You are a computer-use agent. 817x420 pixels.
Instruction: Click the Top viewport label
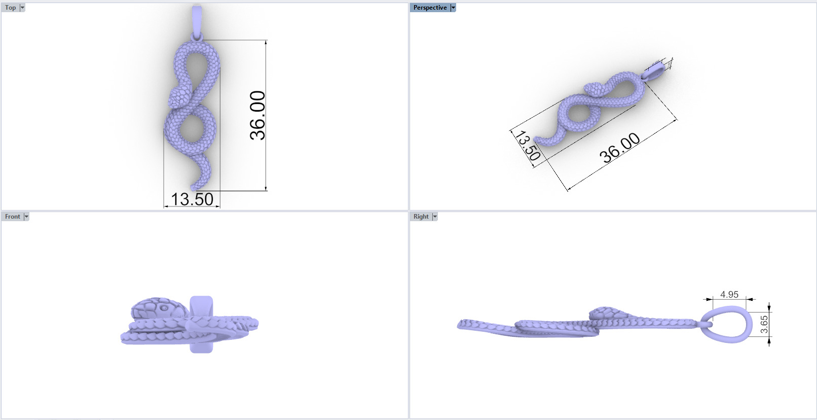[x=10, y=8]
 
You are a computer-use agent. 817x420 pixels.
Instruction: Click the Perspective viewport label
[x=430, y=8]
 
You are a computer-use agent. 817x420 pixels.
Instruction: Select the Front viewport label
[x=12, y=217]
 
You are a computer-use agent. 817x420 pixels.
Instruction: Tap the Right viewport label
[x=421, y=217]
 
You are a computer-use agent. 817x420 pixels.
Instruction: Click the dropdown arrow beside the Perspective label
[x=453, y=8]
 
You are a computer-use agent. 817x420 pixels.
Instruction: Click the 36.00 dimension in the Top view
[x=257, y=115]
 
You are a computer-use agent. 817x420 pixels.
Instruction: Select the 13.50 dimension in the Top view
[x=192, y=199]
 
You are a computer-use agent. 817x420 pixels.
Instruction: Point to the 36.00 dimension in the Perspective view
[x=620, y=148]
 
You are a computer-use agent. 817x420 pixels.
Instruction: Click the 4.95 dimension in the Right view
[x=729, y=294]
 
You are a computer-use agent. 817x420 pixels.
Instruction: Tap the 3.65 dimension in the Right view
[x=764, y=324]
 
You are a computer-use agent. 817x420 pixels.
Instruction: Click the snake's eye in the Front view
[x=164, y=308]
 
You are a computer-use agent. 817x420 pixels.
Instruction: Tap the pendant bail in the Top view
[x=197, y=20]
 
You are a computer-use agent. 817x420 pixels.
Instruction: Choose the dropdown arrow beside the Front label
[x=26, y=217]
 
